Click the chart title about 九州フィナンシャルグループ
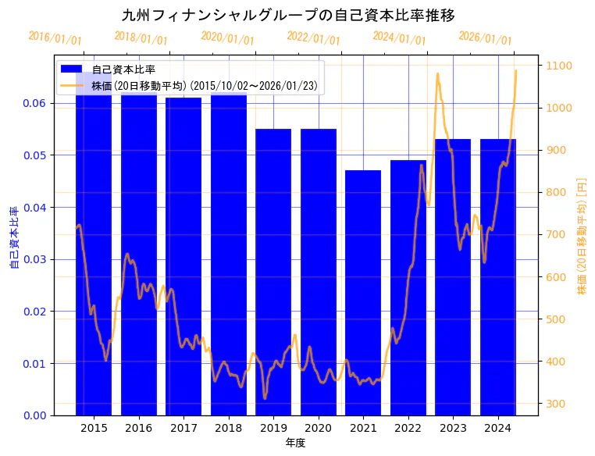click(x=289, y=15)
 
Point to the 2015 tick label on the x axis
click(x=94, y=428)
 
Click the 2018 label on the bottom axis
click(x=228, y=428)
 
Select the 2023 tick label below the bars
click(x=453, y=428)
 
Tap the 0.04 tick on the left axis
click(x=34, y=207)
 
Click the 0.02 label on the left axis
click(x=34, y=312)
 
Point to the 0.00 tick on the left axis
click(x=34, y=415)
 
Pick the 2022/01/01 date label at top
click(x=314, y=38)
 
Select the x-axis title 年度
click(x=295, y=443)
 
